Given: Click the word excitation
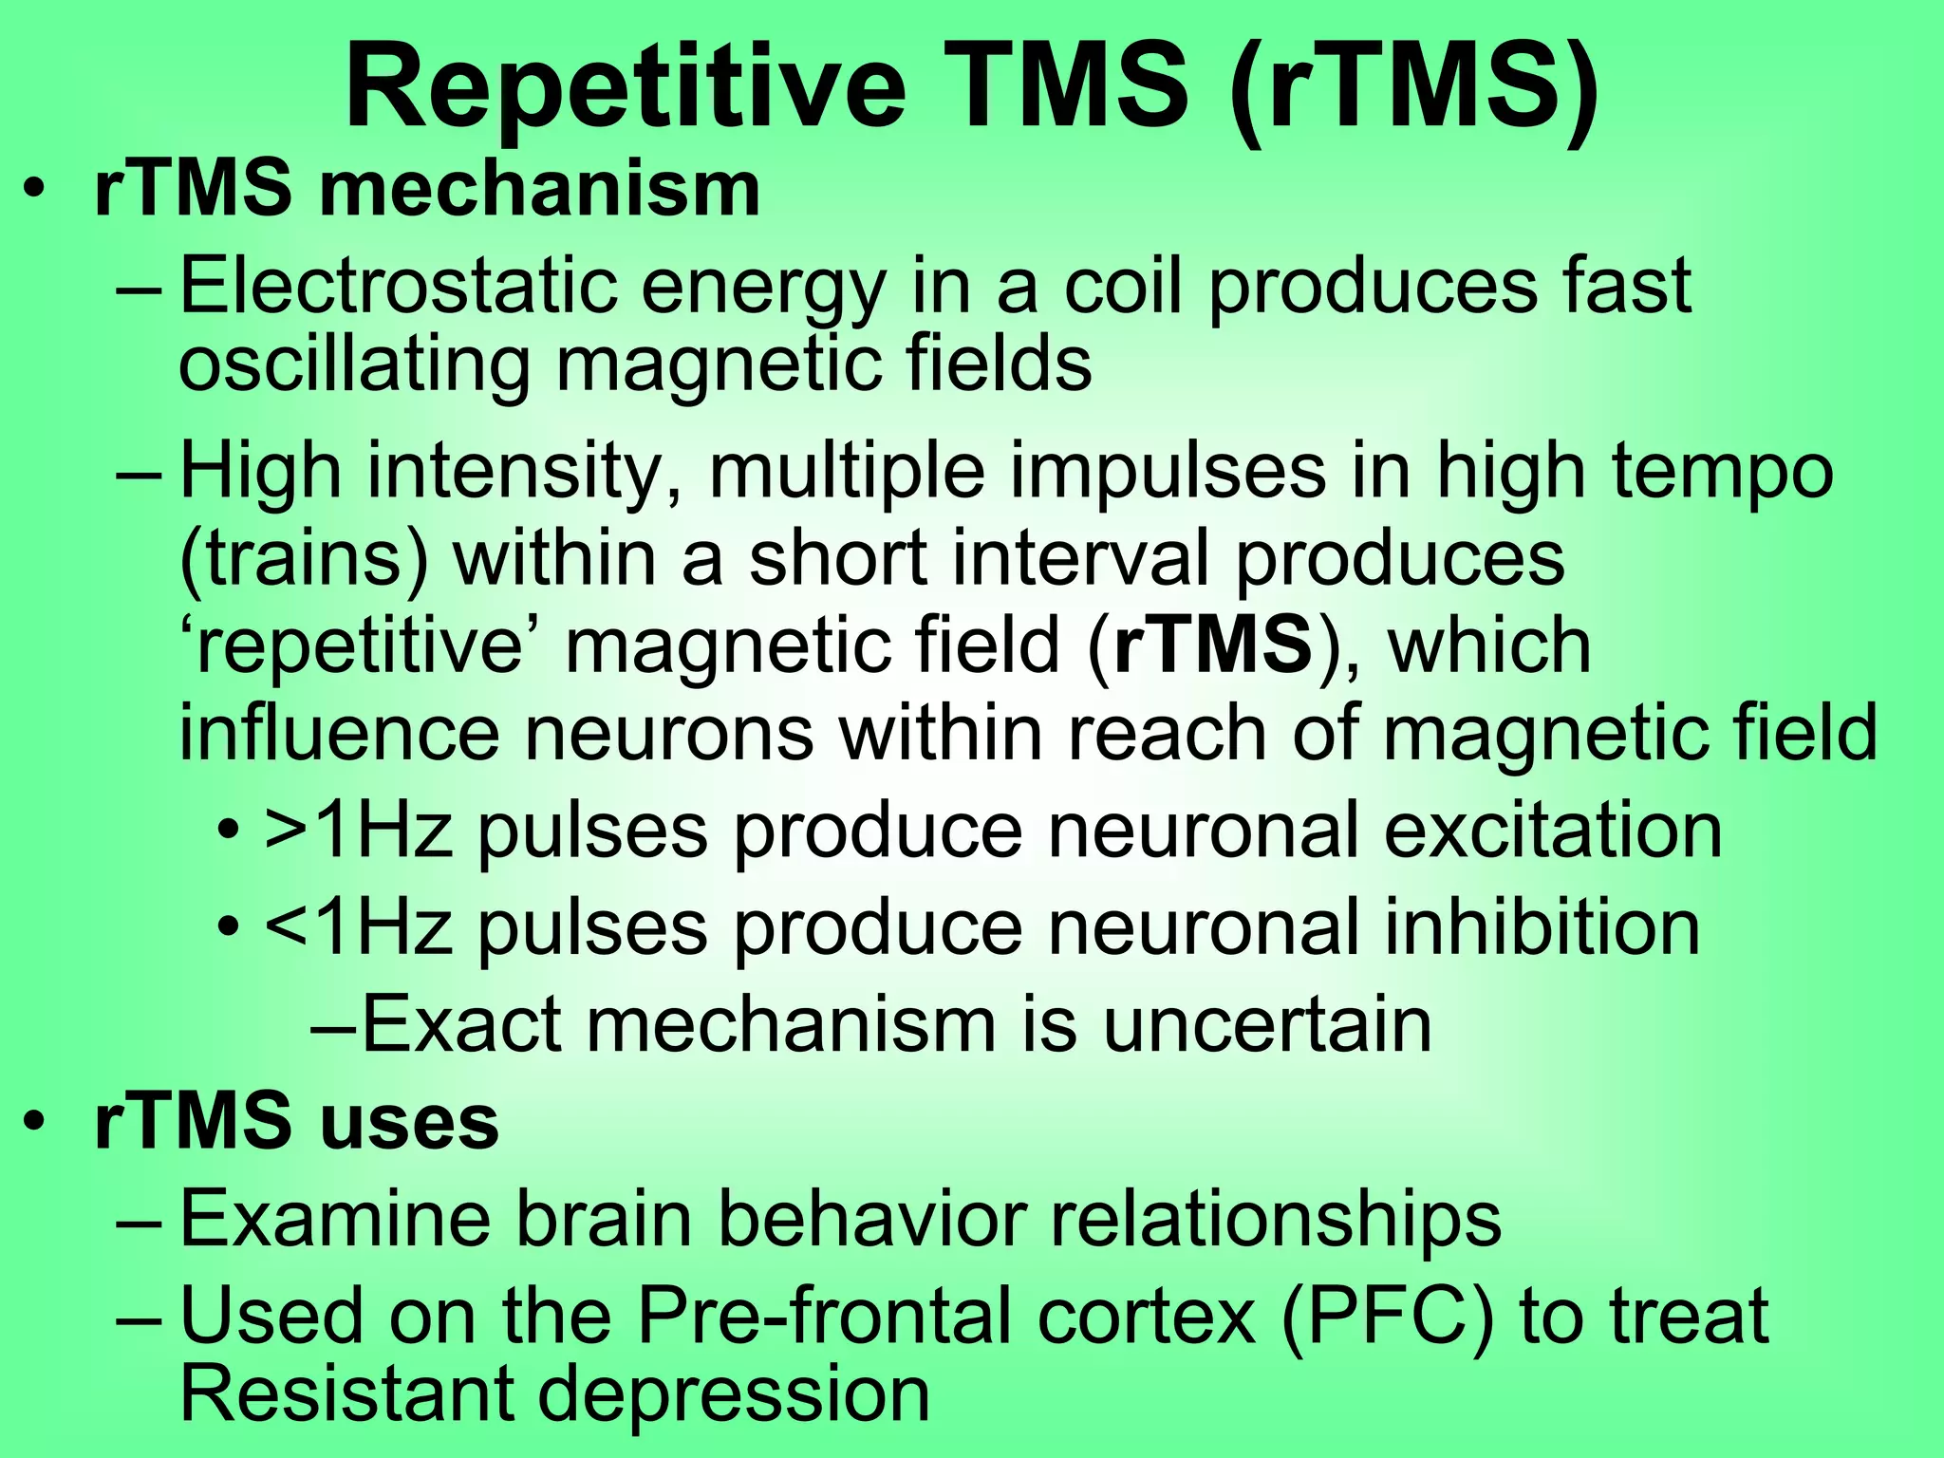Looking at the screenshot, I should [1553, 830].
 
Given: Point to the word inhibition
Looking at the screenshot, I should [1542, 927].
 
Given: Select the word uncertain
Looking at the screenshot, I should [1267, 1024].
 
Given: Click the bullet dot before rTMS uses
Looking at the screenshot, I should [35, 1123].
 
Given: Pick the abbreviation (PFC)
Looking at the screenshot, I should [1387, 1316].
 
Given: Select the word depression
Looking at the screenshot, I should [734, 1394].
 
